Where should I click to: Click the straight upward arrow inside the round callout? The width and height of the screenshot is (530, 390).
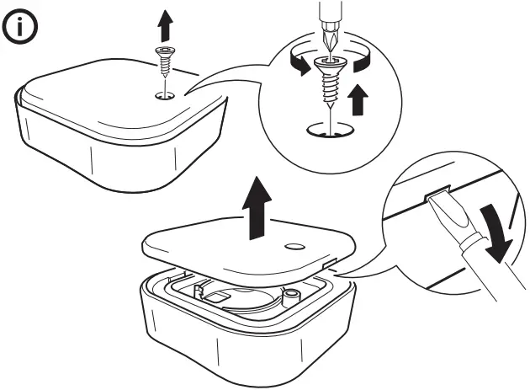click(358, 99)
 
